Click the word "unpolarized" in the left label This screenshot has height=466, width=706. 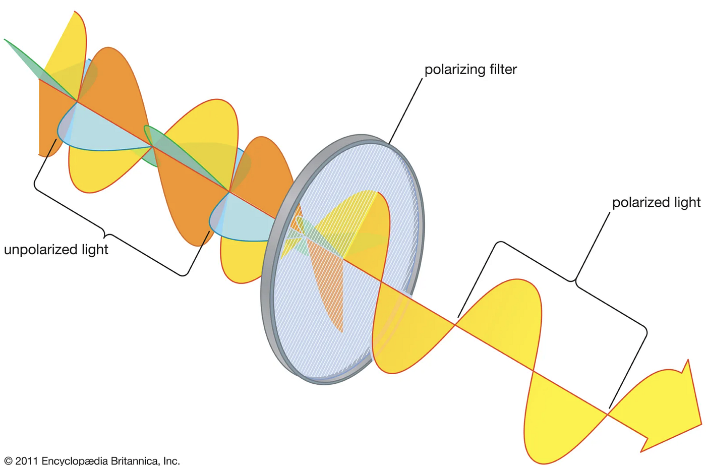click(x=41, y=250)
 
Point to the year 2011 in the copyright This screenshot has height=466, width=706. click(x=26, y=460)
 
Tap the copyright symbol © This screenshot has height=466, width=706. click(x=8, y=461)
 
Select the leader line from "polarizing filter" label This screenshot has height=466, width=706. click(x=405, y=111)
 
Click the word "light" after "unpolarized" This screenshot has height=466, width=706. click(x=95, y=250)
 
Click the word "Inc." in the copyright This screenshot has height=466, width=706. click(x=171, y=460)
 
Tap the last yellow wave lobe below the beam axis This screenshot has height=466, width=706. click(x=561, y=419)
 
